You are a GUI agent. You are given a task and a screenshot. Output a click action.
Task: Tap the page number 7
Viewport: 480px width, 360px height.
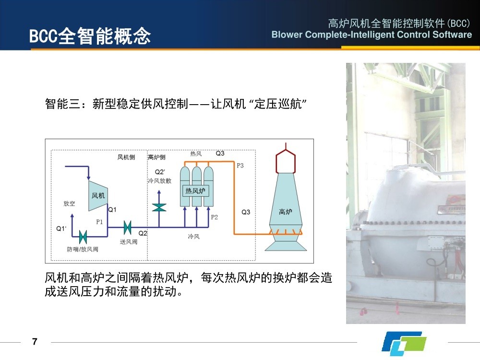pos(34,342)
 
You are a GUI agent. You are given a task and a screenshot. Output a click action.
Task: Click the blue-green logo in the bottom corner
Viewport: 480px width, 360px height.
pos(404,344)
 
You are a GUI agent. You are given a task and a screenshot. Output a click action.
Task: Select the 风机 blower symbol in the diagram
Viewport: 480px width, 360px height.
pos(98,195)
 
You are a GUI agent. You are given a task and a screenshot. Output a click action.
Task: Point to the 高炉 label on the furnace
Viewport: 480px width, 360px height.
pos(286,212)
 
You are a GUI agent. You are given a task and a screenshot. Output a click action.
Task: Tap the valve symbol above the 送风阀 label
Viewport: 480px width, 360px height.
pos(128,226)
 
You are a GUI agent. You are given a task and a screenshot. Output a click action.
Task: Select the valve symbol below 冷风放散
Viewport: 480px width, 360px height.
pos(159,207)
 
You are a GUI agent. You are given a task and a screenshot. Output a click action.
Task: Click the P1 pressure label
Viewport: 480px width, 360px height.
pos(99,222)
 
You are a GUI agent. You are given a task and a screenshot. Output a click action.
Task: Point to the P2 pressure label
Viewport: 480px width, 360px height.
pos(214,217)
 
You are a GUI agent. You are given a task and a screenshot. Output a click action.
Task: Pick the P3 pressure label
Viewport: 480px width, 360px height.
pos(240,166)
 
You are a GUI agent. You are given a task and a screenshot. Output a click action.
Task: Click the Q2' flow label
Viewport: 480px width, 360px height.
pos(160,172)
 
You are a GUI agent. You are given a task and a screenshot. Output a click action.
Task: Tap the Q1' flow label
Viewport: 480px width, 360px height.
pos(61,228)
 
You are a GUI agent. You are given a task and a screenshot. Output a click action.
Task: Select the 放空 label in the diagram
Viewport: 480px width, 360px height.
pos(69,204)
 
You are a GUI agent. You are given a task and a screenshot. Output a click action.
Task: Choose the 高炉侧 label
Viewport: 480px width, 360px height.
pos(156,157)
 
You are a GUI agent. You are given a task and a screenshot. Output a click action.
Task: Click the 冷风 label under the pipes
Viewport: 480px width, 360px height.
pos(193,237)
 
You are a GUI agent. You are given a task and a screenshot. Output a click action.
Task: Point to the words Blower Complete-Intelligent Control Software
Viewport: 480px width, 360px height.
pos(372,35)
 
